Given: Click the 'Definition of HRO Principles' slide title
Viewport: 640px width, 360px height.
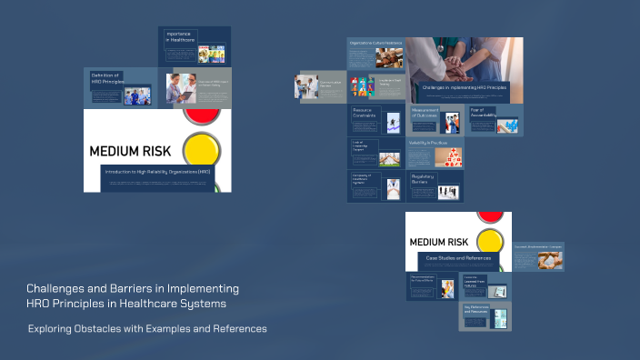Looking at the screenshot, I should point(107,79).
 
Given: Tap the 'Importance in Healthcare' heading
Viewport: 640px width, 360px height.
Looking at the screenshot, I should point(178,37).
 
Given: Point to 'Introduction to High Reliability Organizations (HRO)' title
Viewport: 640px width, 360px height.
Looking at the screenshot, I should point(157,172).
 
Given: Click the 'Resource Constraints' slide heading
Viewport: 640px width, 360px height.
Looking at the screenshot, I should point(365,114).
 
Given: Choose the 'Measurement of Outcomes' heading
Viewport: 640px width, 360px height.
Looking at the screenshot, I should point(425,114).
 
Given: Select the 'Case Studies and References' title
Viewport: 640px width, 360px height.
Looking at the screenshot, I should point(457,258).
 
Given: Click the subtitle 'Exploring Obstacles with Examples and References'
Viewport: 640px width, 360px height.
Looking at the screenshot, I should point(147,328).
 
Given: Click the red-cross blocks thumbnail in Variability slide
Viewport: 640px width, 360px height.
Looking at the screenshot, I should point(448,158).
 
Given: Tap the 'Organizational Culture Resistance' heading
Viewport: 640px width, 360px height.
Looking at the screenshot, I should point(375,43).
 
